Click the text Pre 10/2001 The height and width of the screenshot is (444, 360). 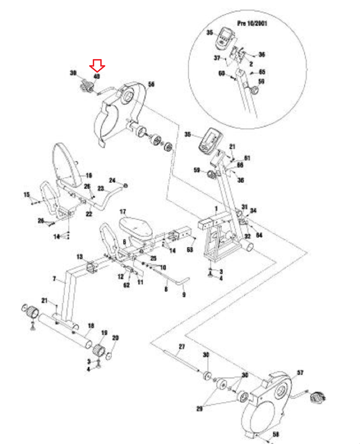252,23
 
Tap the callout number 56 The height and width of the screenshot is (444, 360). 151,84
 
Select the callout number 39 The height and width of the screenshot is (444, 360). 73,73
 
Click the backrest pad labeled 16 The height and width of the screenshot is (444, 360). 67,165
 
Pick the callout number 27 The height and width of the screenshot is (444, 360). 182,346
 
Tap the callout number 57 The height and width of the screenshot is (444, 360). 300,372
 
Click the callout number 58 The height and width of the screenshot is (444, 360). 276,434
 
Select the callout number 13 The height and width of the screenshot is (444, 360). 80,257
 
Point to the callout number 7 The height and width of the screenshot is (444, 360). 54,278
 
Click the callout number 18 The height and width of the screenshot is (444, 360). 91,326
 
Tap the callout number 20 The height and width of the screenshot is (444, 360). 115,337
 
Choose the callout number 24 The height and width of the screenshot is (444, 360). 112,180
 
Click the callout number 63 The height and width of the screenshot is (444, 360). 190,249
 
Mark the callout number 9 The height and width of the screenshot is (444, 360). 184,294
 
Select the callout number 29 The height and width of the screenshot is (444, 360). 199,408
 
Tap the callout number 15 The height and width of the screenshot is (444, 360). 27,195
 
